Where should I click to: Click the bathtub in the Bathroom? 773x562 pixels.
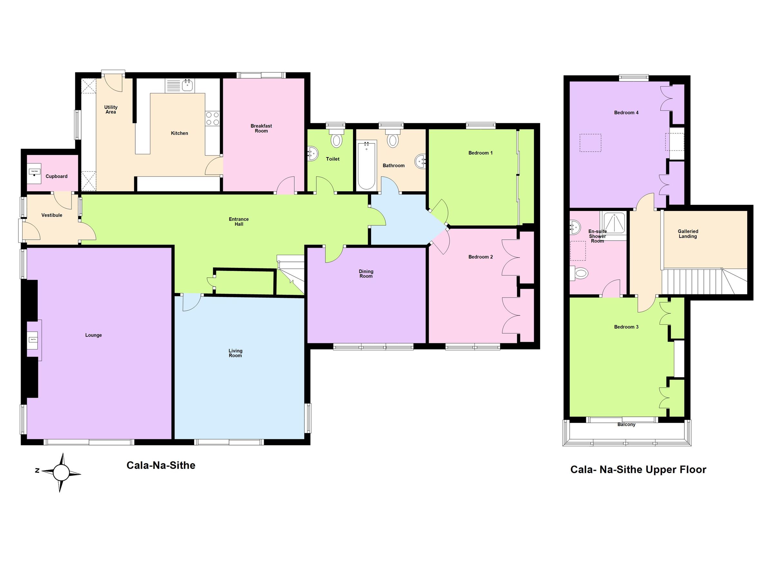point(367,166)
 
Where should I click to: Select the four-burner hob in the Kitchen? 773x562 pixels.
point(212,119)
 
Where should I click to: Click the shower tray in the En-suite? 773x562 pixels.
point(614,223)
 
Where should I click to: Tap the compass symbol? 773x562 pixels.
point(61,472)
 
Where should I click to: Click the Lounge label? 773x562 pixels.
point(93,335)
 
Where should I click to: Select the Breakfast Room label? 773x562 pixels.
point(261,128)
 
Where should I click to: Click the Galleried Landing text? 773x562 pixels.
point(687,234)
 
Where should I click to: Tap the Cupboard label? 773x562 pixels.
point(57,176)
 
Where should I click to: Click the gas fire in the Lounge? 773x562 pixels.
point(33,340)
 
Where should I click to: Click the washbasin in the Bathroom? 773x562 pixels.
point(421,161)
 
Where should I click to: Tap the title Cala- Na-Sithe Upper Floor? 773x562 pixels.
point(638,470)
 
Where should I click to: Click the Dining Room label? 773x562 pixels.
point(366,274)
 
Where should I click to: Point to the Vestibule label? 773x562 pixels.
point(52,215)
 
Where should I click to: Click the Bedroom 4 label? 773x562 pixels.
point(626,112)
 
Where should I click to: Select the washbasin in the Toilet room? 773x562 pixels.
point(312,154)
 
